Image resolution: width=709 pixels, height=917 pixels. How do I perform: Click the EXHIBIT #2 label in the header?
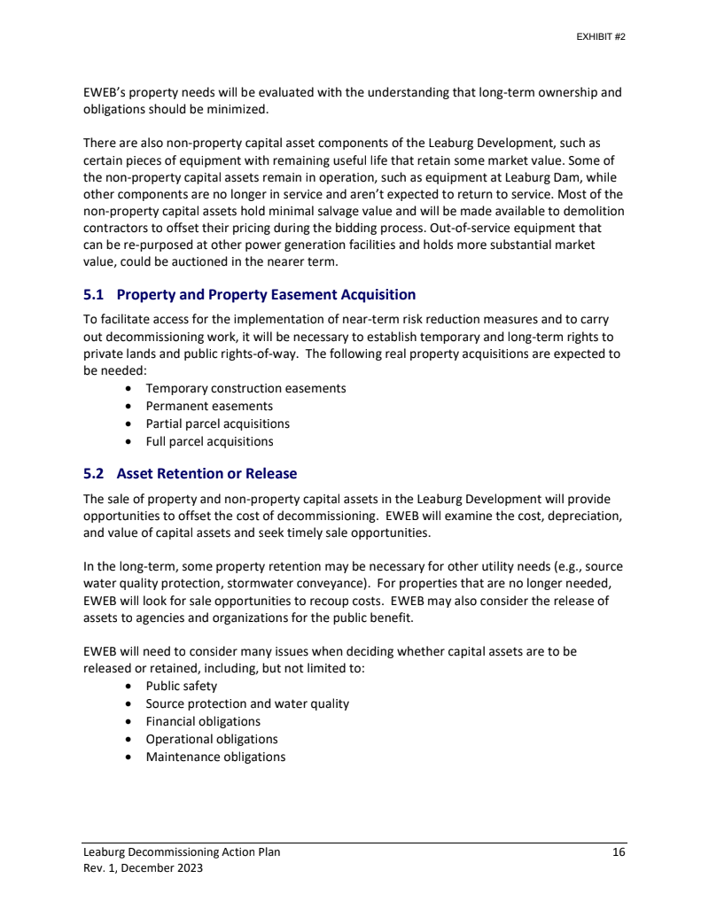click(x=602, y=38)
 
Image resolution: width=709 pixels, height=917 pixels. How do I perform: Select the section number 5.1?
click(x=94, y=294)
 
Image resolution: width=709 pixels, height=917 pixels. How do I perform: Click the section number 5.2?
click(x=94, y=473)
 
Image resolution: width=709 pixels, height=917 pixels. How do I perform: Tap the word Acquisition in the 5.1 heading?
click(x=372, y=294)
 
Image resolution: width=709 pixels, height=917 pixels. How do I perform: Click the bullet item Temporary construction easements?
click(x=245, y=388)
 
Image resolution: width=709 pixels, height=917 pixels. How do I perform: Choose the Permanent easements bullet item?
click(x=209, y=406)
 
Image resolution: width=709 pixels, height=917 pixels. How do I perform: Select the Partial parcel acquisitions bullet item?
click(x=217, y=424)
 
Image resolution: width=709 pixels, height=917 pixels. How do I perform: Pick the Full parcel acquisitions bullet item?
click(x=209, y=441)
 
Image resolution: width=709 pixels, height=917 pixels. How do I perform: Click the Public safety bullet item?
click(x=181, y=686)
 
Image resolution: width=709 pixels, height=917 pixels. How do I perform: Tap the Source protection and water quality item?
click(x=247, y=703)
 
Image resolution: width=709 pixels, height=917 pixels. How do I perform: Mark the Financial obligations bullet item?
click(x=203, y=721)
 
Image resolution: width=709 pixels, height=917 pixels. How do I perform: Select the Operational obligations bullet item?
click(x=212, y=739)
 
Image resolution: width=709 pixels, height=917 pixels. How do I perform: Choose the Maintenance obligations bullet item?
click(x=215, y=757)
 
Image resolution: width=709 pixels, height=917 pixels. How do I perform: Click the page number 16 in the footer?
click(x=619, y=852)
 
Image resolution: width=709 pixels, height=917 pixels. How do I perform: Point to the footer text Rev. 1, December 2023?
click(x=143, y=868)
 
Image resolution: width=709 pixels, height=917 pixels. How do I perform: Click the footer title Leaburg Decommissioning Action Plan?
click(x=182, y=852)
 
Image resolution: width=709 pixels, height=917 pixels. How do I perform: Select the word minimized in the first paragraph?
click(x=238, y=109)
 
